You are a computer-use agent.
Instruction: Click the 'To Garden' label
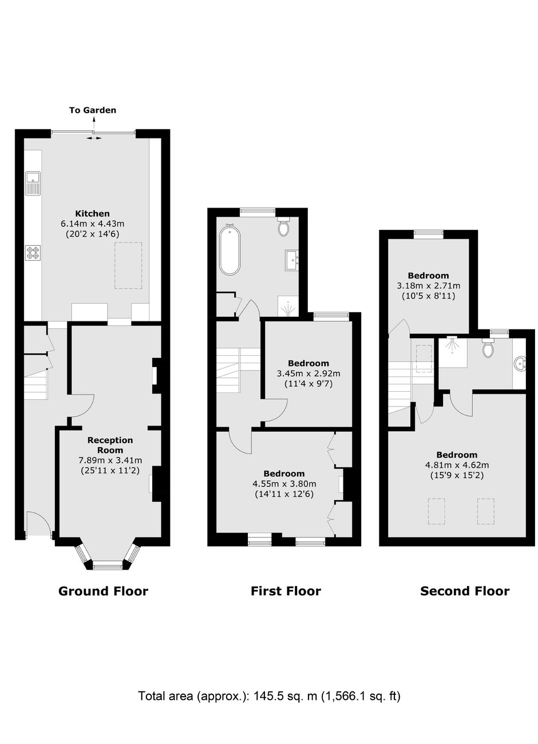click(93, 110)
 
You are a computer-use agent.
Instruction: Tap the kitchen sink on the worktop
click(33, 183)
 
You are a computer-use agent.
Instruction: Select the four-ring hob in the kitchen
click(33, 252)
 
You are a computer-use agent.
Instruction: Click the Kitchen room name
click(92, 213)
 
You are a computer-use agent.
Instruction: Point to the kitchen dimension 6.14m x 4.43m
click(92, 224)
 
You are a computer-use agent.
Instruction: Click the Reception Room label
click(110, 445)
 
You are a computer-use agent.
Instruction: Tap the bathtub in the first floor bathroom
click(229, 249)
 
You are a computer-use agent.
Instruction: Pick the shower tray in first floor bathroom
click(288, 307)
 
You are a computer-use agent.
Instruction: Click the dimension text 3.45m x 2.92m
click(308, 373)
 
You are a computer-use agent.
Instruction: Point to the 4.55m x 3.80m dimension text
click(284, 484)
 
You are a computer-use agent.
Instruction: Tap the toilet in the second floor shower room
click(488, 348)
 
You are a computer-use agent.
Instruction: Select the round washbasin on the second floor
click(519, 364)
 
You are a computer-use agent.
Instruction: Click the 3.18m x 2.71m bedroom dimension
click(429, 285)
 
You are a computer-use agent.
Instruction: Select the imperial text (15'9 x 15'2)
click(457, 475)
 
